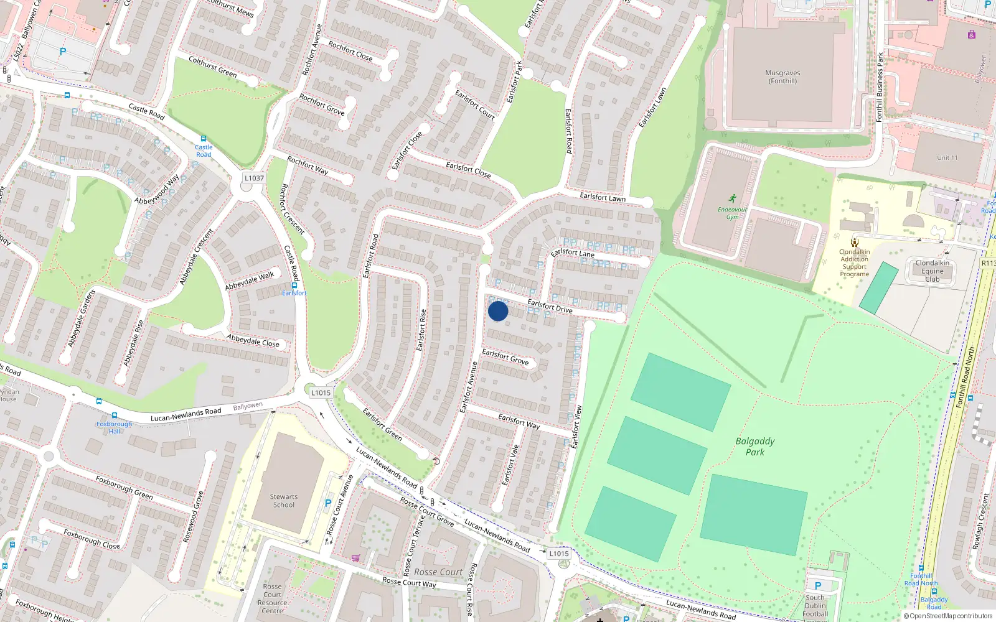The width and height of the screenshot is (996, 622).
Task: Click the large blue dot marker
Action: (x=498, y=311)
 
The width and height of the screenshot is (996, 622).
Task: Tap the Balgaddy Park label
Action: (x=755, y=446)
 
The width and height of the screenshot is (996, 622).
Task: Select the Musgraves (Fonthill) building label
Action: (x=782, y=77)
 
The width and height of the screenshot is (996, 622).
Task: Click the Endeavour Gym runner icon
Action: (x=733, y=198)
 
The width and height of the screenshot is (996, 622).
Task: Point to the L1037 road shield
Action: (x=254, y=178)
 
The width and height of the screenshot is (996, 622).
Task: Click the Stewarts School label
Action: (x=284, y=501)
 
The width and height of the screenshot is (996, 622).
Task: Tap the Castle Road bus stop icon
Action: (x=203, y=139)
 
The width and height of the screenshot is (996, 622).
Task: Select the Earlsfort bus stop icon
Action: (x=294, y=285)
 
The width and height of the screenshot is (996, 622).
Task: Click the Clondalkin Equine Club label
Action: (x=932, y=271)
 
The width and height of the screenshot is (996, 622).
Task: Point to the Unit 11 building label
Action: (x=947, y=157)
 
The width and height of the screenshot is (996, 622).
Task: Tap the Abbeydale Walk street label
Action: (x=250, y=281)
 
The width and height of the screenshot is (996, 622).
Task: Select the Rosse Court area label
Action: (x=438, y=572)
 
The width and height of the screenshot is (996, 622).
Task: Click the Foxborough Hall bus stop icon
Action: (x=115, y=415)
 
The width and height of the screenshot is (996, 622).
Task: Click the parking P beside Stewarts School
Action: (x=328, y=503)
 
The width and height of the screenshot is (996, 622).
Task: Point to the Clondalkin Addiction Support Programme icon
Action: (x=855, y=243)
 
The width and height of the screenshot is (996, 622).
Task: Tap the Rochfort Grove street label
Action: (x=322, y=104)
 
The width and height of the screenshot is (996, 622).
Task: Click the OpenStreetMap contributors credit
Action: (x=947, y=616)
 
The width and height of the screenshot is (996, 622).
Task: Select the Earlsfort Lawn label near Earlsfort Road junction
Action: (x=603, y=197)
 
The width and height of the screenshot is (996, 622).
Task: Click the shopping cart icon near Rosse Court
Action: (x=355, y=558)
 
